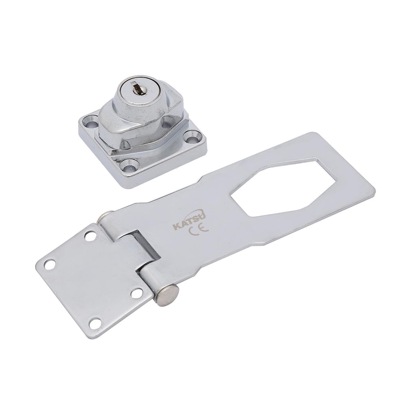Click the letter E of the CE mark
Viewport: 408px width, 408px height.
pos(204,228)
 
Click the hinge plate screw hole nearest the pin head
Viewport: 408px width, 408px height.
pos(136,294)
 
